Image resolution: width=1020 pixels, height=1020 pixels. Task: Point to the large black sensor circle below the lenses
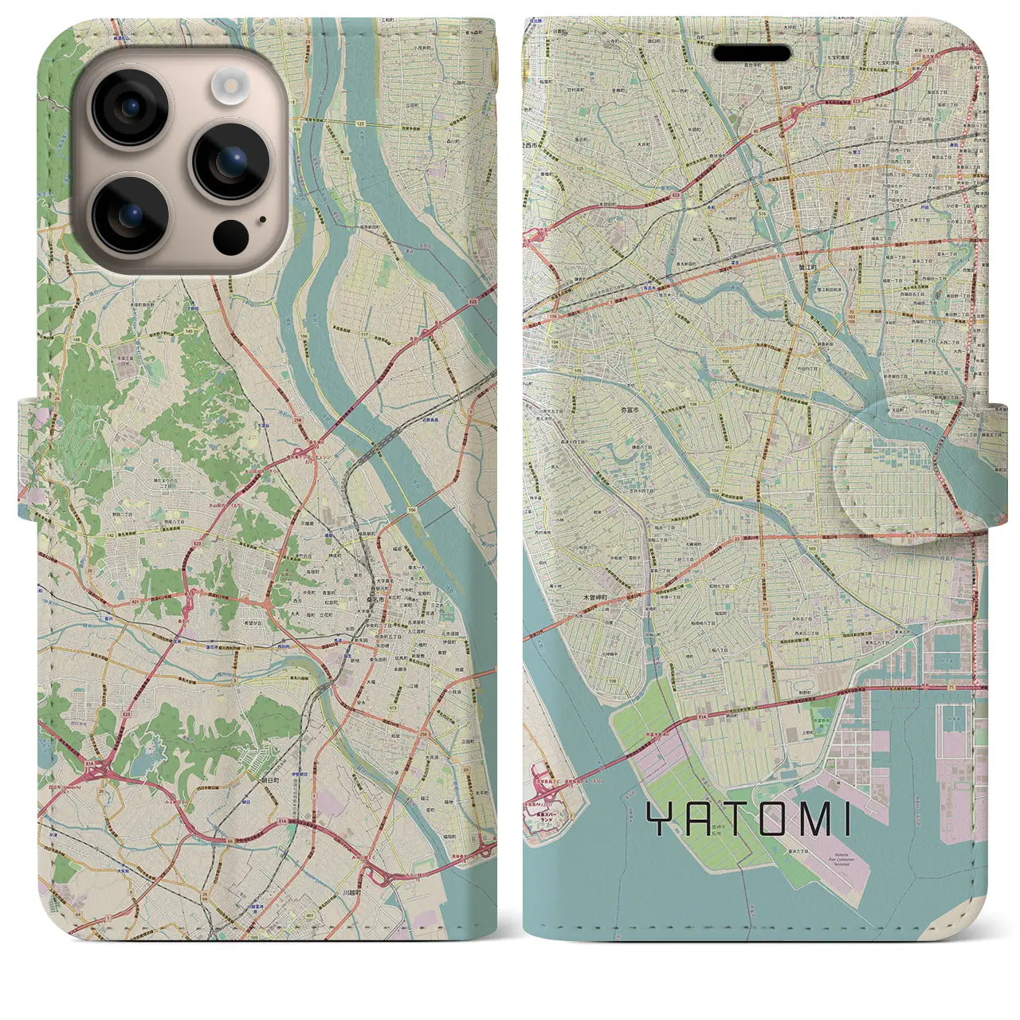click(230, 236)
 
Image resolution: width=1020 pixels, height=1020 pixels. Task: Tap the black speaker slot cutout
click(751, 53)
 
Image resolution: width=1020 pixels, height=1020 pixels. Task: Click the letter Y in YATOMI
click(659, 820)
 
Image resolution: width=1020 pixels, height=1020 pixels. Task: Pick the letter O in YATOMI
click(758, 820)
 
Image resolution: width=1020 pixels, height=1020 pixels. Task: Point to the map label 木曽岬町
click(594, 596)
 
